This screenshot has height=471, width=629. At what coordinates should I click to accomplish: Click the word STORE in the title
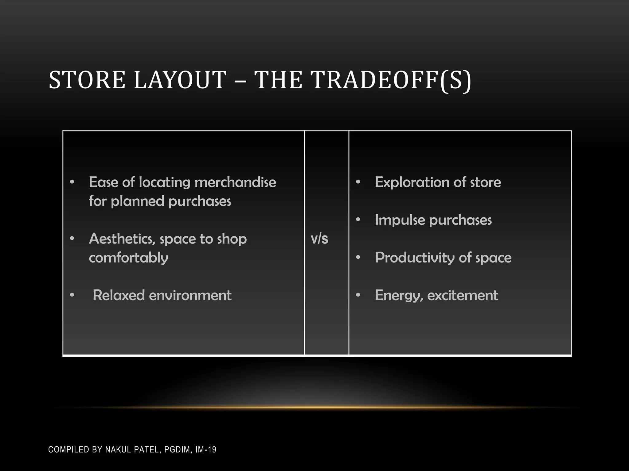click(x=87, y=80)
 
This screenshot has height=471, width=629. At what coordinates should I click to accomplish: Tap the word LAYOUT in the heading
click(x=180, y=80)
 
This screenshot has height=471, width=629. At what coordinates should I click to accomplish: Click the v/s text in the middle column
click(x=319, y=239)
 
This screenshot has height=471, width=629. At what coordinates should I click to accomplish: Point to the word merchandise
click(x=235, y=182)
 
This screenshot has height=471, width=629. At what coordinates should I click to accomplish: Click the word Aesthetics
click(x=122, y=239)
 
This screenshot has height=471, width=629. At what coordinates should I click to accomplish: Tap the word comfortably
click(x=128, y=258)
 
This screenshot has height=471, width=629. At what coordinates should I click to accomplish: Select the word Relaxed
click(x=119, y=295)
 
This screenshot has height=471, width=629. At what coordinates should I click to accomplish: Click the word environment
click(x=190, y=295)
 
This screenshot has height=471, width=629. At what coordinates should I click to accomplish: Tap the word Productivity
click(x=415, y=258)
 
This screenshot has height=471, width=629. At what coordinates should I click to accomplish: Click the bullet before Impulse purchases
click(x=358, y=220)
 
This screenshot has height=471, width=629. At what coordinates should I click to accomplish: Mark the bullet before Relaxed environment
click(x=72, y=295)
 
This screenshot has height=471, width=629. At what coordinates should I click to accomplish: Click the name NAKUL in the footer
click(x=117, y=450)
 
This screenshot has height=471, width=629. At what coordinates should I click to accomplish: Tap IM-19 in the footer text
click(x=206, y=450)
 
